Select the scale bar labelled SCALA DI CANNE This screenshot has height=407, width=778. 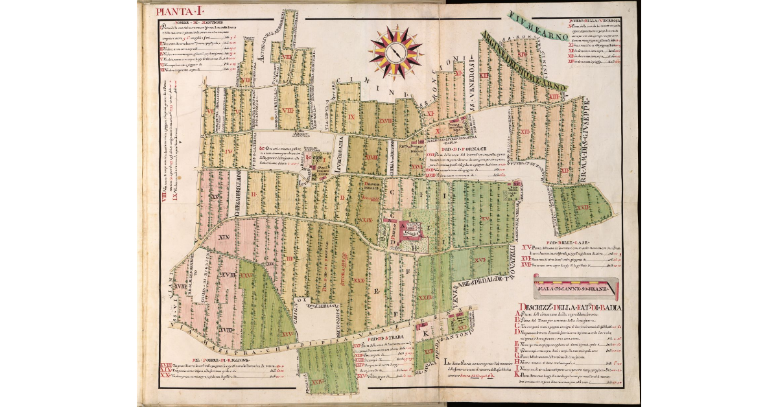(575, 283)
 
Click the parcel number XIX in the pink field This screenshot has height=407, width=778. (224, 237)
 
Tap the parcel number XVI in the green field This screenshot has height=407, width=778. (480, 259)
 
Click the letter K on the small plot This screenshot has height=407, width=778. (425, 334)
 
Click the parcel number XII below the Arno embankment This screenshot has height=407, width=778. (526, 132)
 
